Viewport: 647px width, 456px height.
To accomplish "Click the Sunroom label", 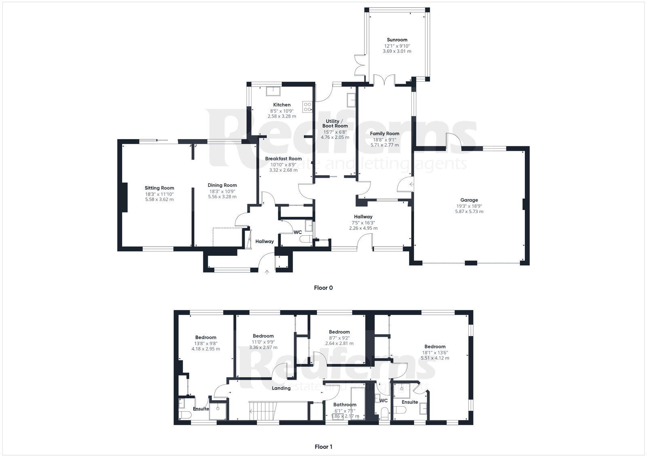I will pos(397,40).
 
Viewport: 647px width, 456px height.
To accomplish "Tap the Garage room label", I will pos(469,200).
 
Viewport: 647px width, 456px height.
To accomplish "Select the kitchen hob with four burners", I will pos(307,106).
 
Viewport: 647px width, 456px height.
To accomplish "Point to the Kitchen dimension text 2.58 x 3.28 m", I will pos(282,116).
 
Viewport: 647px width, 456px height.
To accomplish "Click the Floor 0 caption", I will pos(323,288).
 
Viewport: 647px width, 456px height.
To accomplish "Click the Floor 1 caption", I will pos(323,447).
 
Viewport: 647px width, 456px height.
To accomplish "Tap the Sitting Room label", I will pos(159,188).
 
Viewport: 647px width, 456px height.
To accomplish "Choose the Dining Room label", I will pos(222,185).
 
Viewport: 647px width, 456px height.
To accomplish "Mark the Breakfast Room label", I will pos(283,158).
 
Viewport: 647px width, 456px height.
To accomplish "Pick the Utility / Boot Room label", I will pos(335,123).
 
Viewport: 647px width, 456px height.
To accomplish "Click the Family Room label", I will pos(385,133).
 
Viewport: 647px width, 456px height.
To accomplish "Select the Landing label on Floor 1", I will pos(281,388).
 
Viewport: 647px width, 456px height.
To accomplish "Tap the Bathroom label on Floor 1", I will pos(345,405).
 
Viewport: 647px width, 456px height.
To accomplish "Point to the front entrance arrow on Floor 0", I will pos(267,272).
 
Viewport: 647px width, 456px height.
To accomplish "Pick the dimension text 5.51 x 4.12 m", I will pos(435,358).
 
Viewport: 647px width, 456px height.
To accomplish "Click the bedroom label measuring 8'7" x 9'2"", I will pos(339,332).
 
